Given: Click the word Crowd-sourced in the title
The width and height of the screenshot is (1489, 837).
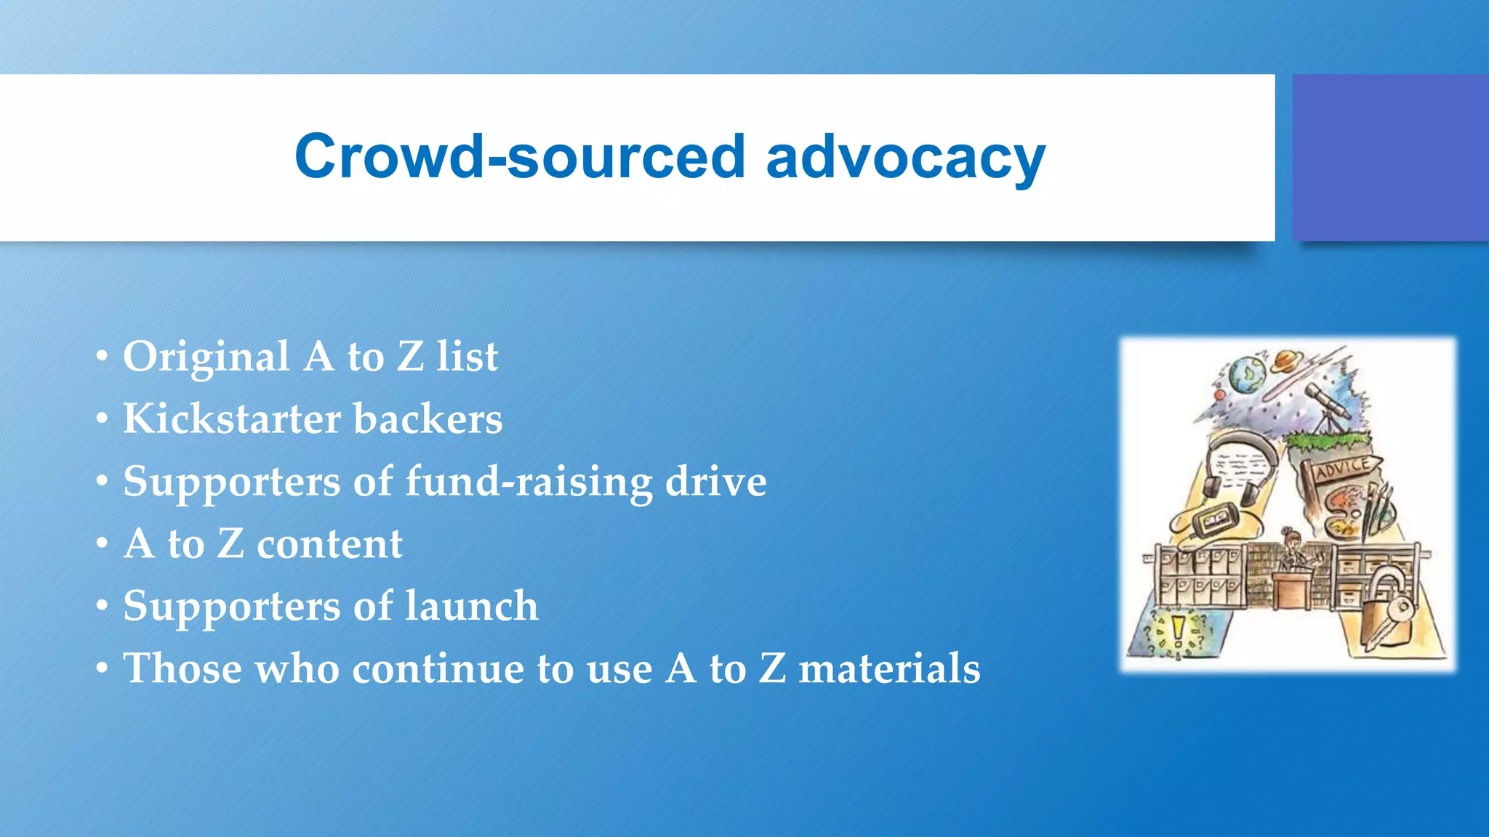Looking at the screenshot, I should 519,157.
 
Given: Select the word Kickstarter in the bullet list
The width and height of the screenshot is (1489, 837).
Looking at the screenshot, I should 231,418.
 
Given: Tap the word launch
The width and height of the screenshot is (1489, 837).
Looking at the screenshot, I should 471,606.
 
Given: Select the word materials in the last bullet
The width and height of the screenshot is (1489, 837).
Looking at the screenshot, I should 889,668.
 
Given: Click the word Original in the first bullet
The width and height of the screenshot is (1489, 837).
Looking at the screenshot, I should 206,357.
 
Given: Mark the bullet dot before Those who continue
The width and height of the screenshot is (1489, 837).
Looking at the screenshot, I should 103,668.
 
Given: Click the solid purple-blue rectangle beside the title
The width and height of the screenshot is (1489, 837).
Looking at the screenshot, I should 1390,158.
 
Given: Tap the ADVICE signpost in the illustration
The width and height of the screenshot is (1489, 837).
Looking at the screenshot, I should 1341,469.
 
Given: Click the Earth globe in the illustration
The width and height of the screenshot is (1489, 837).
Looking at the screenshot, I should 1248,373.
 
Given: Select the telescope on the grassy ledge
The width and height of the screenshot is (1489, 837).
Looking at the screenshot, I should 1328,407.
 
